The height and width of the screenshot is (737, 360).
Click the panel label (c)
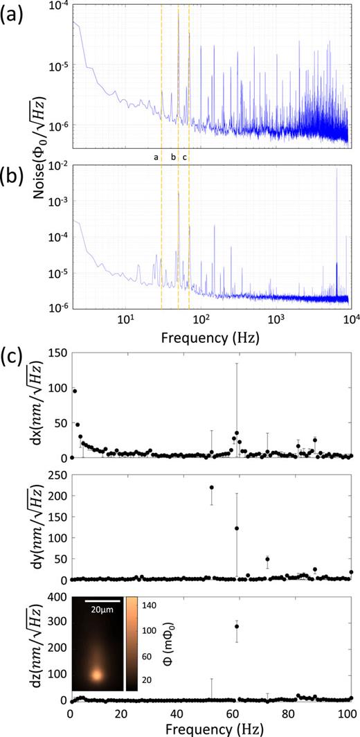pyautogui.click(x=15, y=341)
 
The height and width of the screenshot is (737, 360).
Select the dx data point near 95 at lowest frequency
pyautogui.click(x=74, y=391)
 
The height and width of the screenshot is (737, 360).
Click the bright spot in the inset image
pyautogui.click(x=96, y=673)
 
